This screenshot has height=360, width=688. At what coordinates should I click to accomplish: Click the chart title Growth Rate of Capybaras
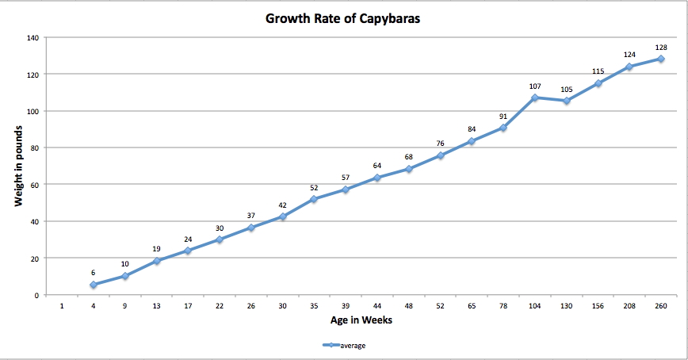pyautogui.click(x=342, y=18)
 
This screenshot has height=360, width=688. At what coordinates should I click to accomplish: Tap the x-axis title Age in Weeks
pyautogui.click(x=361, y=320)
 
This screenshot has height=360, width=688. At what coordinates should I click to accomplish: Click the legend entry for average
pyautogui.click(x=346, y=345)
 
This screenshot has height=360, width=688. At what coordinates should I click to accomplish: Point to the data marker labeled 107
pyautogui.click(x=535, y=98)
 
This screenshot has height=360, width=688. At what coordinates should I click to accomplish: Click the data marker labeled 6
pyautogui.click(x=94, y=285)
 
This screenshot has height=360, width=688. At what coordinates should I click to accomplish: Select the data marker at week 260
pyautogui.click(x=661, y=59)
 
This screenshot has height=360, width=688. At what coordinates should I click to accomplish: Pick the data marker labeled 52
pyautogui.click(x=314, y=199)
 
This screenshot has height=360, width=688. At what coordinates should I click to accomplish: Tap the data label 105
pyautogui.click(x=566, y=89)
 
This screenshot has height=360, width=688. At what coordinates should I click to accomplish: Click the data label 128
pyautogui.click(x=661, y=48)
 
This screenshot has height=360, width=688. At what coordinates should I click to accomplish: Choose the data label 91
pyautogui.click(x=503, y=117)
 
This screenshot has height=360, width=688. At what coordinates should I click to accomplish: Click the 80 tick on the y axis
pyautogui.click(x=34, y=147)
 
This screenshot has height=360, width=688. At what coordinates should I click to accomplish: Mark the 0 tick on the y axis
pyautogui.click(x=36, y=295)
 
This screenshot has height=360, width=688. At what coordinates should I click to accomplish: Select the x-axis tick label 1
pyautogui.click(x=62, y=306)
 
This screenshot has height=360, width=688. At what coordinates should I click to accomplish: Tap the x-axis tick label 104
pyautogui.click(x=535, y=306)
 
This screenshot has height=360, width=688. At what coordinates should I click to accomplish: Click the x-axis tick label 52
pyautogui.click(x=440, y=306)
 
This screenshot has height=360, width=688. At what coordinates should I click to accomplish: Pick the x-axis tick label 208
pyautogui.click(x=629, y=306)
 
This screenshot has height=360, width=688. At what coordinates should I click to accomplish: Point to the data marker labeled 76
pyautogui.click(x=440, y=155)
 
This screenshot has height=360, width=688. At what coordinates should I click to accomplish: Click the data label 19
pyautogui.click(x=157, y=249)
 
